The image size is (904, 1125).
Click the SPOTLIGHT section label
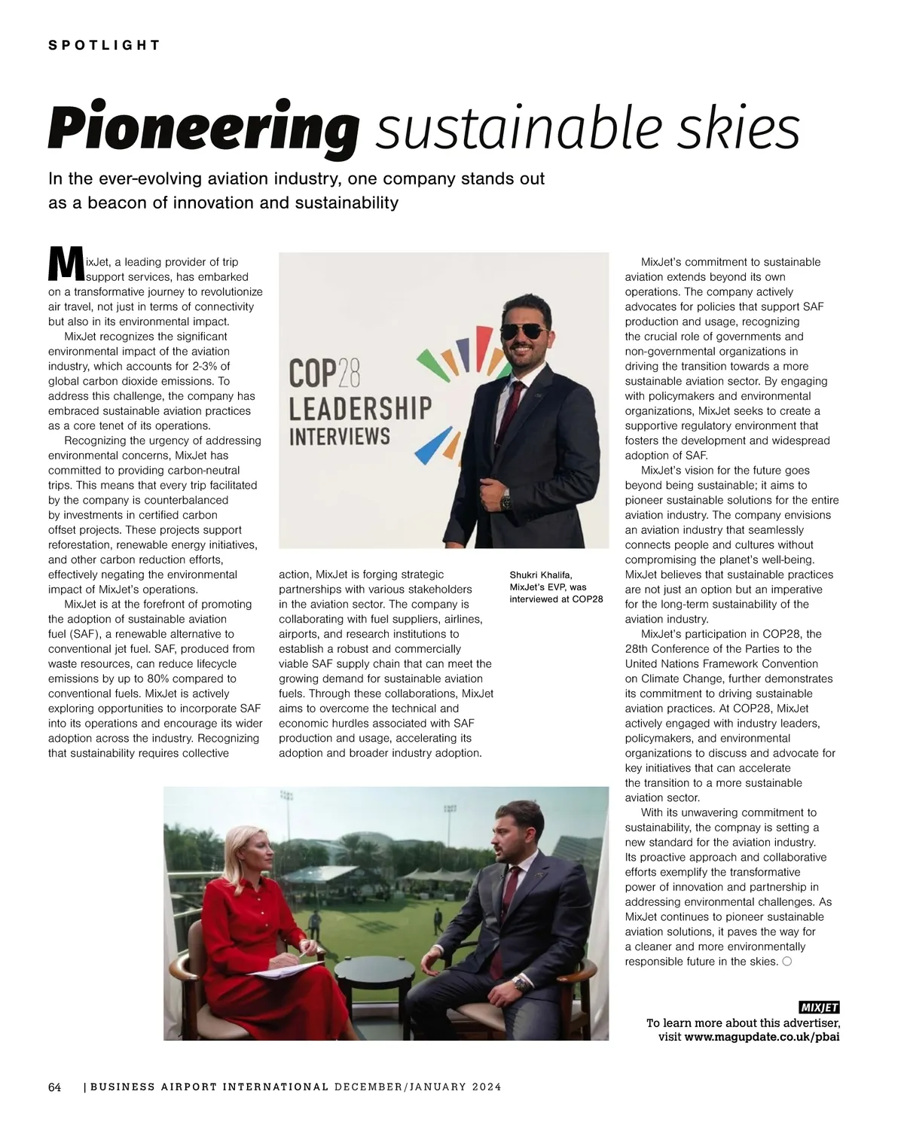[104, 45]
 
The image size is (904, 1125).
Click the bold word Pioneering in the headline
[203, 128]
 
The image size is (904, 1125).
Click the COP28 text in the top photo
[325, 373]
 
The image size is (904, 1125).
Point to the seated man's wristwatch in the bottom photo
[519, 983]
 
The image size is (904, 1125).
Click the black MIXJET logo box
[818, 1008]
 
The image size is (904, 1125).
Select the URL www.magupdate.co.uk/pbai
[762, 1037]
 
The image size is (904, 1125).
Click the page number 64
[55, 1087]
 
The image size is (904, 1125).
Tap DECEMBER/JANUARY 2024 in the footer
[417, 1087]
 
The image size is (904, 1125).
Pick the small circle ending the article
[787, 962]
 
